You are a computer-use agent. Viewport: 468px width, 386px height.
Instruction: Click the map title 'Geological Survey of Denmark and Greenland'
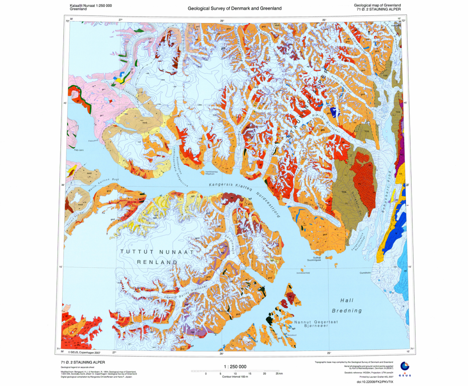pos(234,8)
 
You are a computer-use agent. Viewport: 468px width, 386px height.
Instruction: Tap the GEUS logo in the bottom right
pos(405,368)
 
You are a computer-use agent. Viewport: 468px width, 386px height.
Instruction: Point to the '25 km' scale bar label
pos(279,374)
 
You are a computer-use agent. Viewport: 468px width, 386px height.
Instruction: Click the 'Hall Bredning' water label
pos(347,306)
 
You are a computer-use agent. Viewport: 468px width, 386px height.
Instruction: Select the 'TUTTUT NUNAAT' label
pos(157,252)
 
